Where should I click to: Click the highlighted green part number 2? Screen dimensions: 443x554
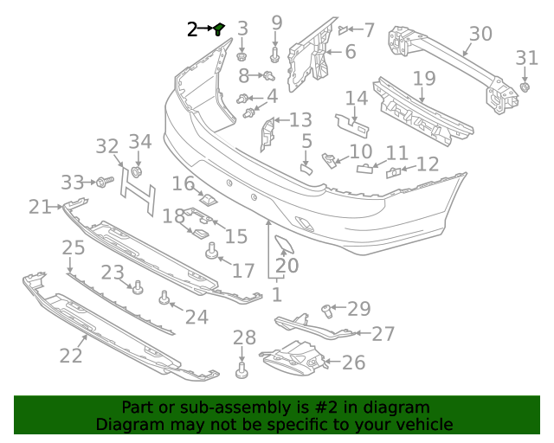(220, 29)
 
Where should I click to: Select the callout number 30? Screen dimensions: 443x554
(480, 35)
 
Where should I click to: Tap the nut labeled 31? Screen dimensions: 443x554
(525, 88)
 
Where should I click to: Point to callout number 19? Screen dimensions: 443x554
(423, 79)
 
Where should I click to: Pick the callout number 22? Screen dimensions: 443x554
(71, 355)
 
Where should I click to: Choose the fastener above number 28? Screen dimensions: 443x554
(242, 372)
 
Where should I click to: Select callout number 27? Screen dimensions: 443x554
(383, 334)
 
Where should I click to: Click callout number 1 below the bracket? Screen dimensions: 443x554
(277, 295)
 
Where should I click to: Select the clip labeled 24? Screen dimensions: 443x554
(164, 300)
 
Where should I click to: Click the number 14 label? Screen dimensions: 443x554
(357, 98)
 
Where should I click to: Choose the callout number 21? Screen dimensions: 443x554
(40, 206)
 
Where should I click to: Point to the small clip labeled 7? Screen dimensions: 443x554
(345, 29)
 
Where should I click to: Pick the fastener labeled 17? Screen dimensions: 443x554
(209, 252)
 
